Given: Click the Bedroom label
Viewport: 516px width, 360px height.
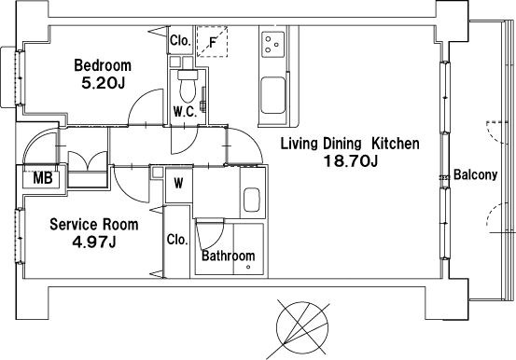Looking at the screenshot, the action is pos(103,65).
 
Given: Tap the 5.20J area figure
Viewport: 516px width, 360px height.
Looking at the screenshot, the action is pos(104,83).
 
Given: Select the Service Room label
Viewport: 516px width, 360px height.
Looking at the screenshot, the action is pos(94,225).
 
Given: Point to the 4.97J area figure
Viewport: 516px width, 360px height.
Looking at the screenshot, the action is pos(94,242).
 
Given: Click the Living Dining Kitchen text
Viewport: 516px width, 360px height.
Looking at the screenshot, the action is pos(350,144).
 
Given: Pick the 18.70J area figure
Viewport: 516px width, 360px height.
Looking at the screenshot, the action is pos(351,161).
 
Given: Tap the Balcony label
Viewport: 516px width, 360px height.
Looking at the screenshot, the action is pos(475,174).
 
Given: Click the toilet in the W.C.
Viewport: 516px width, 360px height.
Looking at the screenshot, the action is pos(188,86).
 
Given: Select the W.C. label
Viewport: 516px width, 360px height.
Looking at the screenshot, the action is pos(186,112).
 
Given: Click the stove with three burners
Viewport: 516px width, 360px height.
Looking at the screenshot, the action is pos(273,44).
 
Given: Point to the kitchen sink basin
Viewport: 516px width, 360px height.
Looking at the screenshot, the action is pos(272,95).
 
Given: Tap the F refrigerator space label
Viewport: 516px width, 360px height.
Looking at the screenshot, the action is pos(213,43).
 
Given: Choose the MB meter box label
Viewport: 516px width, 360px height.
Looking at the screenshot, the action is pos(43,178).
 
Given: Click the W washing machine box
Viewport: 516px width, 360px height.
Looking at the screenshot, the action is pos(179,184).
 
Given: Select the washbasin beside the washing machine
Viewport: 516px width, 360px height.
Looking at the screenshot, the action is pos(252,200).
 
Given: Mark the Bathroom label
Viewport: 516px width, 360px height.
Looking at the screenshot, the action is pos(229,256).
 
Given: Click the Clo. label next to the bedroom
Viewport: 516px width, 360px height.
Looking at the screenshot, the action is pos(180,41).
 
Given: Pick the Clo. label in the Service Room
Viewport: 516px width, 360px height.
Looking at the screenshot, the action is pos(177,240).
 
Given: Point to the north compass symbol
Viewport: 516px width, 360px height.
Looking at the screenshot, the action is pos(302,327).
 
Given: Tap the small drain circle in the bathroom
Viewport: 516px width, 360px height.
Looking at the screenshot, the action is pos(248,267).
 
